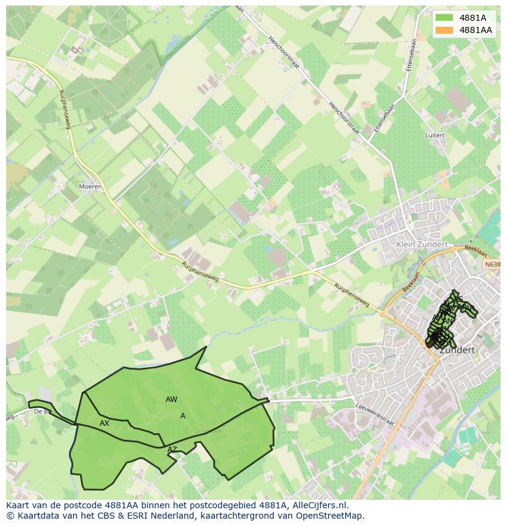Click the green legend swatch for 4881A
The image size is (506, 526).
click(x=444, y=18)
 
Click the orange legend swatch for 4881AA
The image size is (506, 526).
click(x=444, y=30)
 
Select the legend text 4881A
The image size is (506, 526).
click(x=472, y=18)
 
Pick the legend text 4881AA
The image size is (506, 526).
click(x=475, y=30)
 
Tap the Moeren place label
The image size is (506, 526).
click(x=90, y=186)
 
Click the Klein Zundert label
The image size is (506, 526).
click(x=422, y=244)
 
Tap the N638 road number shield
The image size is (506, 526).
click(x=493, y=265)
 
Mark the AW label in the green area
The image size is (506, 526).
click(x=171, y=400)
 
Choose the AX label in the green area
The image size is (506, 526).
click(x=105, y=423)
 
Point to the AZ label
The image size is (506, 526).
click(x=172, y=450)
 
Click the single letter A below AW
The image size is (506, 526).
click(x=183, y=416)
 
